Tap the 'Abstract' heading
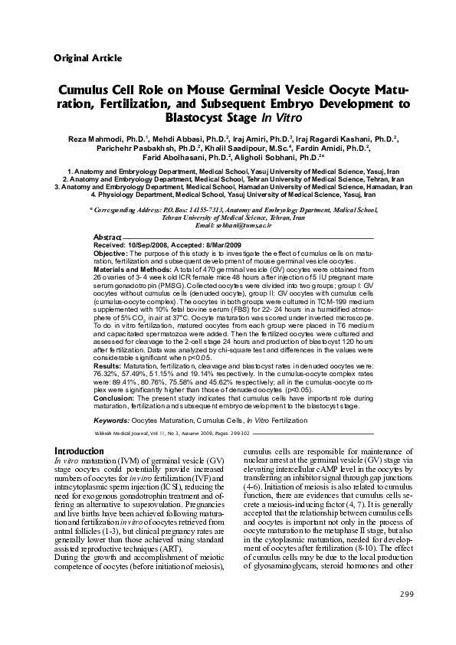[107, 237]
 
